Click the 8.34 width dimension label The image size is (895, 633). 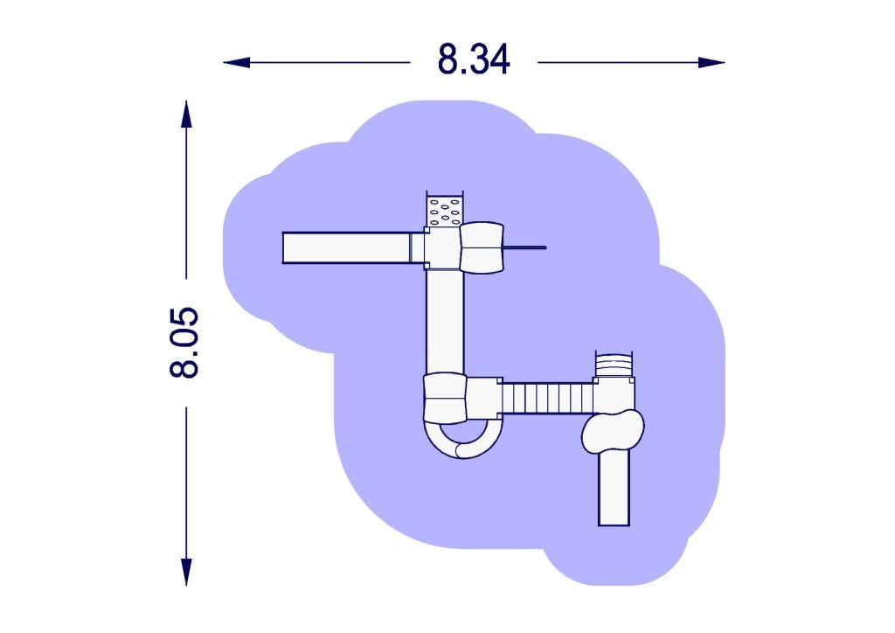(473, 59)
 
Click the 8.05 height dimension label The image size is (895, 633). (184, 343)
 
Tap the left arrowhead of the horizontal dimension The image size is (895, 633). (236, 62)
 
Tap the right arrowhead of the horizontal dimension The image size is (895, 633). (711, 62)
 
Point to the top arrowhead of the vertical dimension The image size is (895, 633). (186, 115)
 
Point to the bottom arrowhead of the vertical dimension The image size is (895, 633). (186, 572)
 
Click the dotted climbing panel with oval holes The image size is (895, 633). (445, 212)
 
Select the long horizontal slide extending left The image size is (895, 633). (347, 247)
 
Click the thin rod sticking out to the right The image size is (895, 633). (524, 247)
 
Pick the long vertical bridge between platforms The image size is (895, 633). (445, 322)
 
